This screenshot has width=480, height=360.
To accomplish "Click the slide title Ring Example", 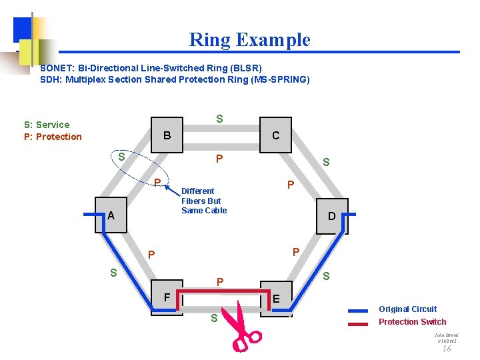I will [250, 40].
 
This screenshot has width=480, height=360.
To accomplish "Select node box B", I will [167, 136].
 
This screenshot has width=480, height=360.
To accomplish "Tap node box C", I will [275, 136].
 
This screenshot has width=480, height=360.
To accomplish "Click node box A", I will [111, 215].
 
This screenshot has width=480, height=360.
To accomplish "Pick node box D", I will [331, 216].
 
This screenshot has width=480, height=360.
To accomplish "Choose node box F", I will [167, 297].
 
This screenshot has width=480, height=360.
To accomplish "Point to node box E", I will [275, 299].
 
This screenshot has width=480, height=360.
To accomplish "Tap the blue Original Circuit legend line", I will [358, 310].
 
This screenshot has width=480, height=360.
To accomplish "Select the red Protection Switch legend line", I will [358, 323].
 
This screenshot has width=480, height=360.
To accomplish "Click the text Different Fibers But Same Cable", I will [204, 201].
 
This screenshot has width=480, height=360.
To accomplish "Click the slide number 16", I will [447, 348].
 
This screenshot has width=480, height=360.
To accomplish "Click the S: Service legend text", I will [47, 125].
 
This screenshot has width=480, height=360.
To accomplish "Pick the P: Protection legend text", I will [53, 137].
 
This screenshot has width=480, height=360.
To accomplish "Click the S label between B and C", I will [219, 119].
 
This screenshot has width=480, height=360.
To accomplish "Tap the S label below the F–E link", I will [214, 319].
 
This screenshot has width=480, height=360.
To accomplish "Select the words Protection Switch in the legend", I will [412, 322].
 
